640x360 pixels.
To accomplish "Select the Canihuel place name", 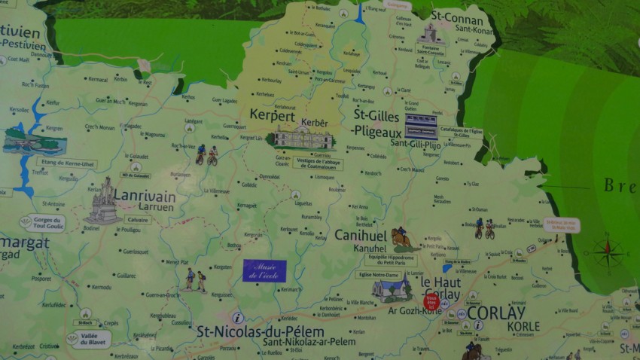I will [359, 235].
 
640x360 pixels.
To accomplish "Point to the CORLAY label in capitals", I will [496, 312].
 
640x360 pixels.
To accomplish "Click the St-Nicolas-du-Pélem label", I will [260, 331].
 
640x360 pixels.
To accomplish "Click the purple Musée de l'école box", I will [264, 270].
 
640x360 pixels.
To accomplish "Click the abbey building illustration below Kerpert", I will [303, 139].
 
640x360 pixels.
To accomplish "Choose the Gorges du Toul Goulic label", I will [44, 223].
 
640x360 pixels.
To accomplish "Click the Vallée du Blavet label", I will [88, 339].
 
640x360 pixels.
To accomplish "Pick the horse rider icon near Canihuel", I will [401, 239].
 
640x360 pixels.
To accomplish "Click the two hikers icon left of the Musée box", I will [194, 279].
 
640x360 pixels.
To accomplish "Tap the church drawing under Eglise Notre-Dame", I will [392, 289].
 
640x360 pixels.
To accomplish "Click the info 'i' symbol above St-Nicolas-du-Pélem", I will [239, 317].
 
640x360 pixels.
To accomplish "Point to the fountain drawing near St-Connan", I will [429, 34].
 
